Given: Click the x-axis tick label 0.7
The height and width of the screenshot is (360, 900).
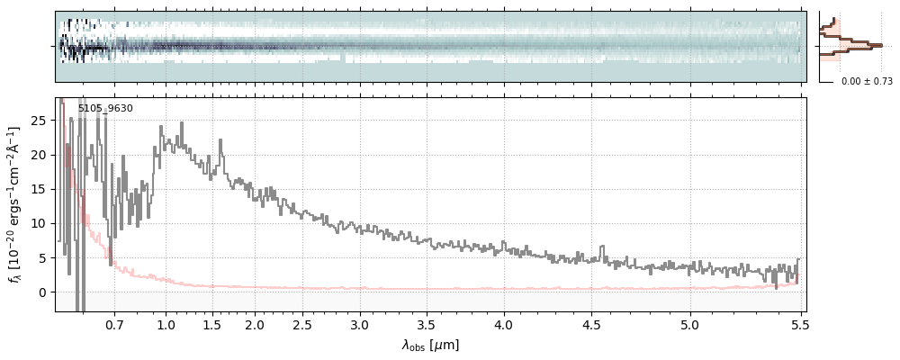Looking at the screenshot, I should pos(114,325).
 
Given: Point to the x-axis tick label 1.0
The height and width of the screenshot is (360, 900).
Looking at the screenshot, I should pos(166,325).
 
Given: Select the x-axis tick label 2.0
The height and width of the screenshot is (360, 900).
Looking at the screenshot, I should pos(255,325).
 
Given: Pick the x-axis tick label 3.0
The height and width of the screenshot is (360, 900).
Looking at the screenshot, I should pos(360,325).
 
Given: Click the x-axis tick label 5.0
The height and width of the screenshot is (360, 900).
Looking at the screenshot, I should pos(690,325).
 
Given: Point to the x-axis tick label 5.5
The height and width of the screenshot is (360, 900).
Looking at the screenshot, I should pos(797,325).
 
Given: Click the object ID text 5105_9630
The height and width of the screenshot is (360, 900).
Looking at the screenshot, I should pos(105,109).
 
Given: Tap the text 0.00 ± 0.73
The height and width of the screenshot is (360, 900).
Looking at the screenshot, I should pos(867,82).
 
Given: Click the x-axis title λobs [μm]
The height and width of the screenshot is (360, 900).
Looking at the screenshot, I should pos(430,345).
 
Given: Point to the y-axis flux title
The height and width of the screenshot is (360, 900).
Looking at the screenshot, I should pos(15,204).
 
